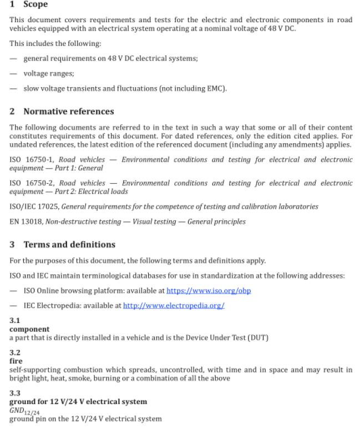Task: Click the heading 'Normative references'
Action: [68, 112]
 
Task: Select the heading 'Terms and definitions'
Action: [69, 244]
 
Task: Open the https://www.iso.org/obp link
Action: [209, 290]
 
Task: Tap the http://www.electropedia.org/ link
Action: [174, 305]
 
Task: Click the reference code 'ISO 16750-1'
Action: [31, 160]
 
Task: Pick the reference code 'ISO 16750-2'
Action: [31, 183]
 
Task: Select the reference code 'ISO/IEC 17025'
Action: [34, 206]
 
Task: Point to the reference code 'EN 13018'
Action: [26, 221]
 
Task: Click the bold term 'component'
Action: [29, 329]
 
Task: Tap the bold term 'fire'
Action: [16, 361]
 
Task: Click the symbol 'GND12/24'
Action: [22, 411]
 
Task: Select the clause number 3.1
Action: [15, 321]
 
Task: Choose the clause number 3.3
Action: [15, 393]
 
